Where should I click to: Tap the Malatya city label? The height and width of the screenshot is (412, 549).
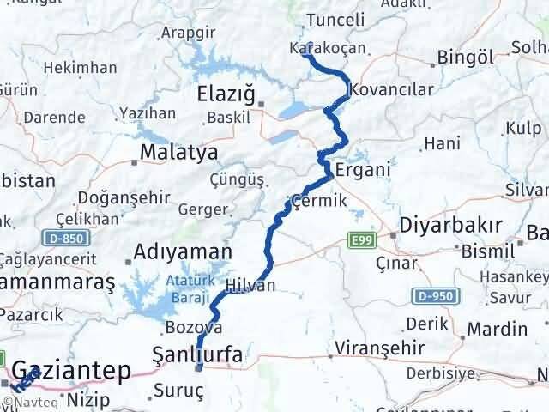[178, 153]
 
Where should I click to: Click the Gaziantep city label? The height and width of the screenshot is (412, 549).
[73, 371]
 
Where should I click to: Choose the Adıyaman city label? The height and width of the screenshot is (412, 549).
[183, 252]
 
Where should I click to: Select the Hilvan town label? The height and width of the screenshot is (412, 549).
[251, 286]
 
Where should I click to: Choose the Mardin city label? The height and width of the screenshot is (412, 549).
[499, 329]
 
